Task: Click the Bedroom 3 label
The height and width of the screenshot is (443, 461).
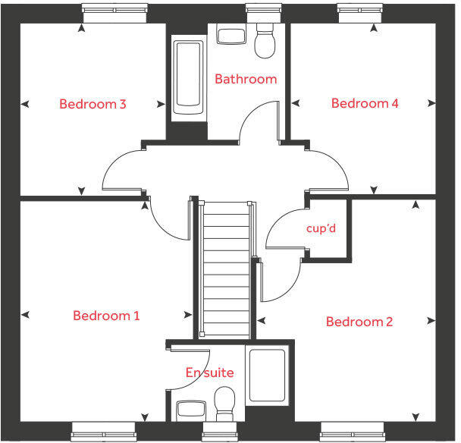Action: point(93,104)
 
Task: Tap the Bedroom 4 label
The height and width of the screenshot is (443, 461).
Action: point(365,103)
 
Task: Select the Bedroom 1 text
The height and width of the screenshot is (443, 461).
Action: point(106,316)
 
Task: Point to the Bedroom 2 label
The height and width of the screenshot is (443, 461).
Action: point(359,322)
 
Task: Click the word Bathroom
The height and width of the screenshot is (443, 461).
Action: point(246,79)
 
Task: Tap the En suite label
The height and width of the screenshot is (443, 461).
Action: point(209,372)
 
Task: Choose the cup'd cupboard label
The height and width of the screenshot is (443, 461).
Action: point(321,228)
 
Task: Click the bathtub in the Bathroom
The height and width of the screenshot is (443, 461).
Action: point(188,77)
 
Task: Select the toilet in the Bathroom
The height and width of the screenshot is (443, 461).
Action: point(265,40)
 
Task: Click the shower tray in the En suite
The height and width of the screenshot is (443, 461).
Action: point(267,375)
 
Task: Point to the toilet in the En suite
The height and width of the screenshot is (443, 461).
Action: point(224,404)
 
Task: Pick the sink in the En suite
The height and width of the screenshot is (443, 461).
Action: point(191,411)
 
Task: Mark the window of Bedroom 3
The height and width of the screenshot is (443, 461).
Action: point(114,13)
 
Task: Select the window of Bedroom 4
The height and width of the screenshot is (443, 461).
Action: point(360,13)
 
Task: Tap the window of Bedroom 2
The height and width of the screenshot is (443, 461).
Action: point(353,432)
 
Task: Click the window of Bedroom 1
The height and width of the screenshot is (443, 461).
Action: point(103,432)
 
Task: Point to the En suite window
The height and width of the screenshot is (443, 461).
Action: point(220,432)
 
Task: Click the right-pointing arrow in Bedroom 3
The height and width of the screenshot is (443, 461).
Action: point(161,104)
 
